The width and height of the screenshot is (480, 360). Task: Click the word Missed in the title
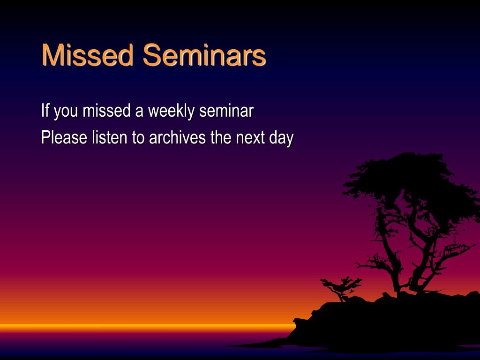(88, 55)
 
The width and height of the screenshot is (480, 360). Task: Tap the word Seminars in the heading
(204, 55)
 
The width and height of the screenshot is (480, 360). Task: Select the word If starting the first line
(45, 110)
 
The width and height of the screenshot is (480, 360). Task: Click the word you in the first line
(66, 112)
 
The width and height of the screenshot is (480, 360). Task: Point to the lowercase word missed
(107, 110)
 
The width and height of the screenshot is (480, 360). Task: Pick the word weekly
(171, 111)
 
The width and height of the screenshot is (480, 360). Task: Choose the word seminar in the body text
(226, 110)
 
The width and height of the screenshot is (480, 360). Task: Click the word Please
(64, 137)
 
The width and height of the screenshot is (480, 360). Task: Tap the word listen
(110, 137)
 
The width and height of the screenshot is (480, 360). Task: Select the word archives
(177, 137)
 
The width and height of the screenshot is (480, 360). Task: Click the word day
(281, 139)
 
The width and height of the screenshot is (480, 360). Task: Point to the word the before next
(221, 137)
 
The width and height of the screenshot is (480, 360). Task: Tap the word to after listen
(138, 138)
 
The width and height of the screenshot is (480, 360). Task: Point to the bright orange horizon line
(147, 328)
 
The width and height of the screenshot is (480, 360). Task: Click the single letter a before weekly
(139, 112)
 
